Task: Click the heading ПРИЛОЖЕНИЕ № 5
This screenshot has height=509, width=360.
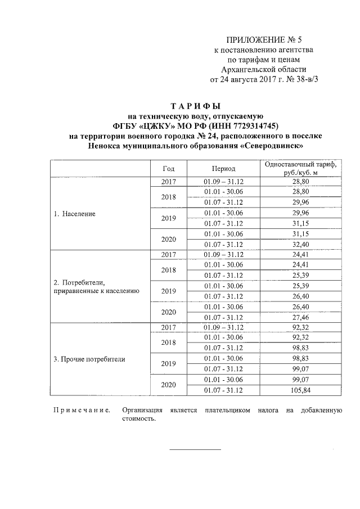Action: click(x=264, y=39)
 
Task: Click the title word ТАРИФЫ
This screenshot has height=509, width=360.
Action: click(x=195, y=106)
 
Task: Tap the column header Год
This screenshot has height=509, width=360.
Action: click(x=168, y=168)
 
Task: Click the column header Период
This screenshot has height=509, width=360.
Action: click(x=223, y=168)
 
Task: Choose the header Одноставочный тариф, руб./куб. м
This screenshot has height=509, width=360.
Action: click(x=300, y=168)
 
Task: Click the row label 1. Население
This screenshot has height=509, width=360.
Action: click(x=74, y=214)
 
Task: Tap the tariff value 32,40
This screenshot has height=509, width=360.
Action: click(x=301, y=245)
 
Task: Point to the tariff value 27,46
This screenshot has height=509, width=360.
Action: click(x=301, y=317)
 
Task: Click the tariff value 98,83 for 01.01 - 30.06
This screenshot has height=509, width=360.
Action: click(x=301, y=358)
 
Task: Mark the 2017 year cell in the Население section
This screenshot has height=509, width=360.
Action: click(x=168, y=182)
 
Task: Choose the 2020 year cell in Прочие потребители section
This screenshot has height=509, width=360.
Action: click(x=168, y=385)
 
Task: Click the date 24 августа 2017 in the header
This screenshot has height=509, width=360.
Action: click(x=249, y=80)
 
